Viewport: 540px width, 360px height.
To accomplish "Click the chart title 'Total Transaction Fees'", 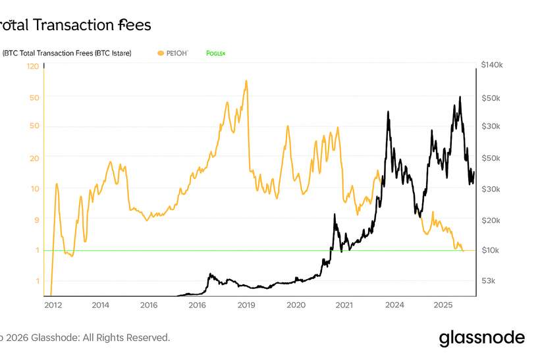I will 76,25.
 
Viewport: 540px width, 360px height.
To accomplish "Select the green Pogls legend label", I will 215,53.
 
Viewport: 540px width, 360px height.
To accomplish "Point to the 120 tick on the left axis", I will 32,66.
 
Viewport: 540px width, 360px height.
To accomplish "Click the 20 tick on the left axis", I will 34,158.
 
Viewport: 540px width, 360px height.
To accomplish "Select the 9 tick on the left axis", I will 36,220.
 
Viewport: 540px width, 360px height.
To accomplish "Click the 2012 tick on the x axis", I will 53,305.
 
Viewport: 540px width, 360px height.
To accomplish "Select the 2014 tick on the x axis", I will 101,305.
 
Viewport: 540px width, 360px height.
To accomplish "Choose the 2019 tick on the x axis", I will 246,305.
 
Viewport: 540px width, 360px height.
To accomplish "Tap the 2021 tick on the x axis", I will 342,305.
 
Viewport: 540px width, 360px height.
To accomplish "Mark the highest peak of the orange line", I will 246,81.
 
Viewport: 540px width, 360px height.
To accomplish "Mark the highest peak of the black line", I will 460,97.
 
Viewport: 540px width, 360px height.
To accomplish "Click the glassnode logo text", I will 482,338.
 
